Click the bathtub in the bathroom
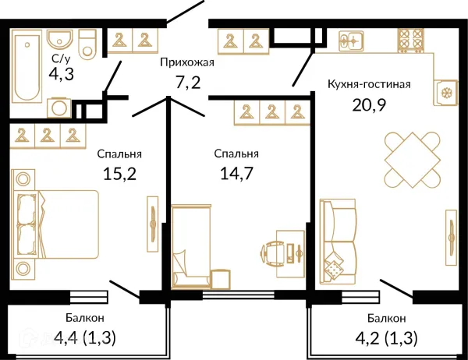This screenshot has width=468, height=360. click(27, 69)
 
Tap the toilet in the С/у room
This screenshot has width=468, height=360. click(87, 44)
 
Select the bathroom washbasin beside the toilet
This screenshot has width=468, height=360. click(60, 39)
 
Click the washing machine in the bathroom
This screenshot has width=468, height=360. click(59, 108)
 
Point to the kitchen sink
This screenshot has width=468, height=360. click(351, 41)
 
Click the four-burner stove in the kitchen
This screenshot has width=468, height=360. click(411, 41)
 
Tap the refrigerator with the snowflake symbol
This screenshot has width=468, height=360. click(445, 93)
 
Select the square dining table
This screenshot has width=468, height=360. click(412, 160)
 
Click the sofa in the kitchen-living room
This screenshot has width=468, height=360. click(338, 242)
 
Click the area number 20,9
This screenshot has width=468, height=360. click(369, 104)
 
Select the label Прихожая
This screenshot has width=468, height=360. click(187, 62)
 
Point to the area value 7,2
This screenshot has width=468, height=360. click(188, 82)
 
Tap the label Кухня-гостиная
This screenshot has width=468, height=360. click(369, 84)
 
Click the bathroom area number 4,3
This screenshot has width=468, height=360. click(61, 74)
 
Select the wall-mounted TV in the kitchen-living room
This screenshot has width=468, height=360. click(451, 238)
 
